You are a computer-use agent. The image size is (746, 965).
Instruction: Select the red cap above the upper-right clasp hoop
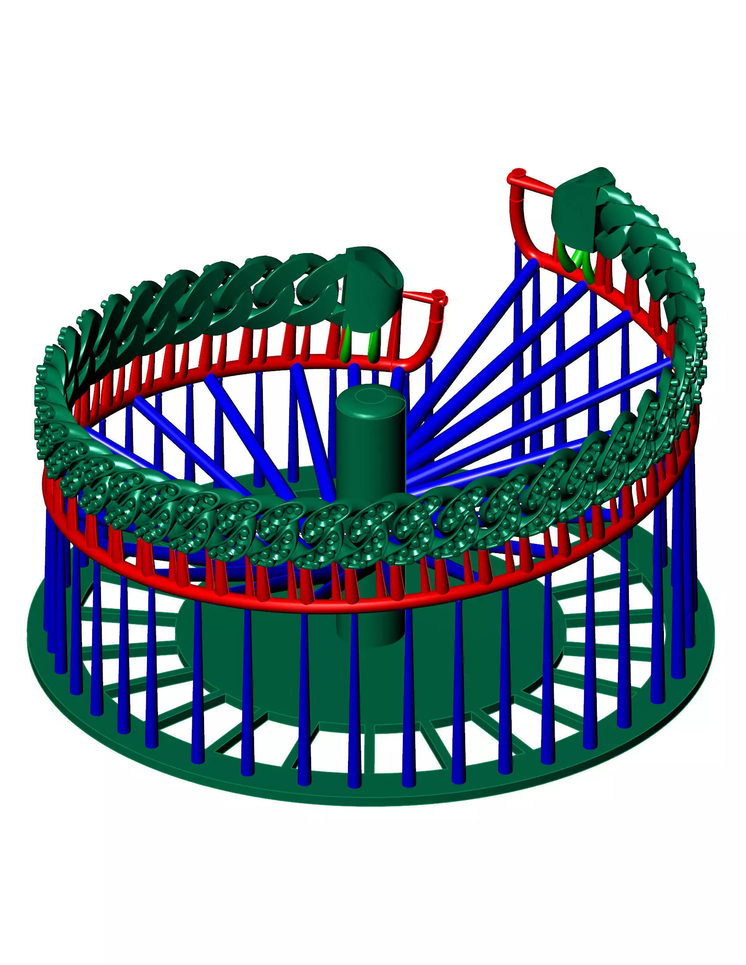coord(517,173)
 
